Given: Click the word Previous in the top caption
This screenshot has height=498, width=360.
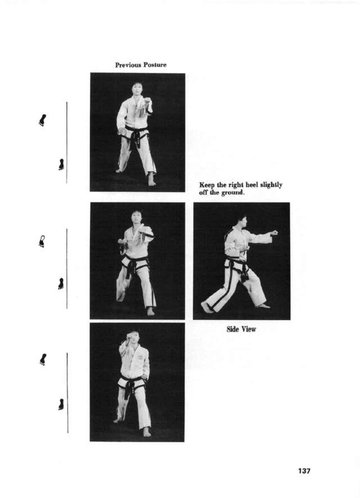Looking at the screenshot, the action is click(x=128, y=65).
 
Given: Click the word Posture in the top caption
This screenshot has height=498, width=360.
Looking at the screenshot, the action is click(x=155, y=65).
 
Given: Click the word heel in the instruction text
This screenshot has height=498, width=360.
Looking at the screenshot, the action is click(x=251, y=185).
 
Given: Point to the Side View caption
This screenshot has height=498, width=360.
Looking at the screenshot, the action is click(x=241, y=329).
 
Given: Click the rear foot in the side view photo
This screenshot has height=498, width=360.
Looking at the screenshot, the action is click(x=207, y=307).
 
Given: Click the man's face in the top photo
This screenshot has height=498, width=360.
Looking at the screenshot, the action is click(x=136, y=88).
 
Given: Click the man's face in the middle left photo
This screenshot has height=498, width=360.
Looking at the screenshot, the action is click(x=135, y=218).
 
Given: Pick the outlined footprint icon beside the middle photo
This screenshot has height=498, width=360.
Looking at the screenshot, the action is click(x=42, y=241).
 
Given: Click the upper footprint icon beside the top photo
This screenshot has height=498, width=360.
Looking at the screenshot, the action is click(x=42, y=120).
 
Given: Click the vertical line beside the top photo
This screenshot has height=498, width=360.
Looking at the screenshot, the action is click(x=67, y=143).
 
